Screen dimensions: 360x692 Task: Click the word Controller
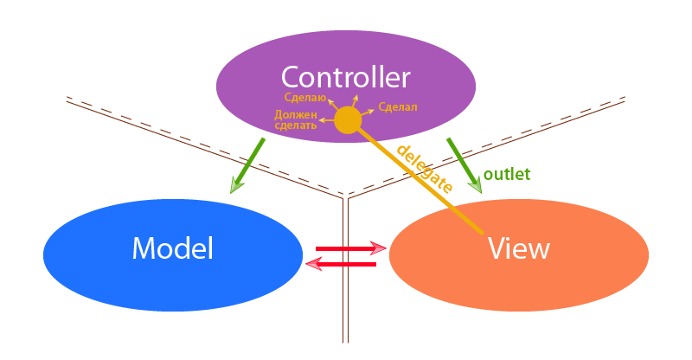pos(345,77)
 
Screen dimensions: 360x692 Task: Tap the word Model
pos(172,249)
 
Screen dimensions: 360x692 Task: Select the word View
pos(518,249)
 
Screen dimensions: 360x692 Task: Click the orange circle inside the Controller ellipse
pos(348,120)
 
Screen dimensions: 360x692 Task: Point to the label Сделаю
pos(305,98)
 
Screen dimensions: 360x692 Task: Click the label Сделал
pos(398,107)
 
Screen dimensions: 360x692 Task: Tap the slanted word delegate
pos(424,167)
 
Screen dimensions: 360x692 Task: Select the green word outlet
pos(506,173)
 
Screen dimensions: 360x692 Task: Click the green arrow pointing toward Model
pos(247,164)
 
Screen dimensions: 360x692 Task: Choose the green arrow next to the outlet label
pos(464,164)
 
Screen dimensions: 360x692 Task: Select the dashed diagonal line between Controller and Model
pos(199,147)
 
